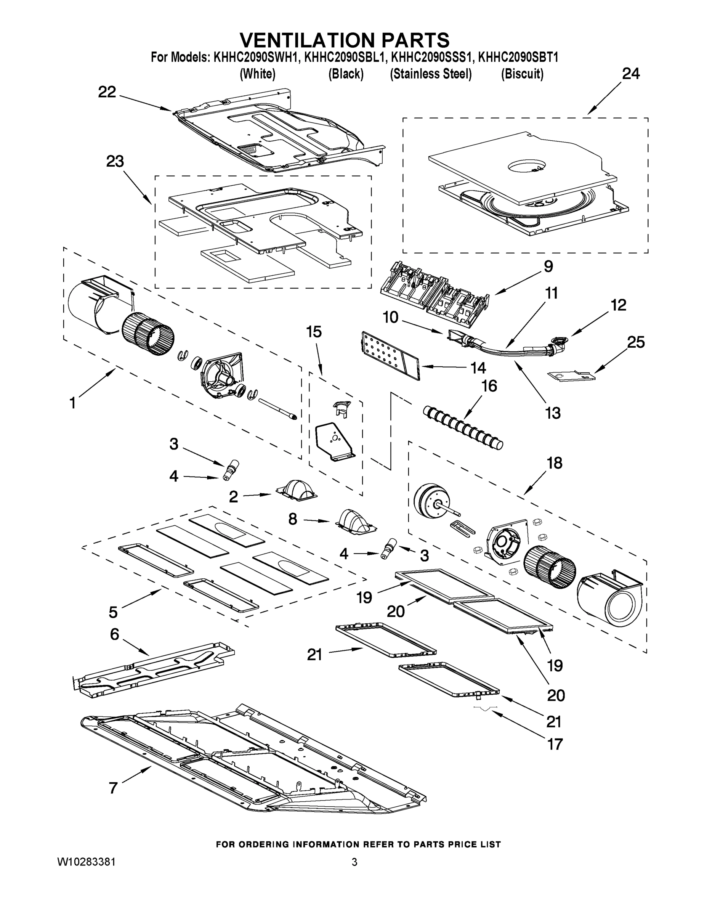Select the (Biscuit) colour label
(x=522, y=74)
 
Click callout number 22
(x=107, y=92)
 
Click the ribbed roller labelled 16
(x=462, y=428)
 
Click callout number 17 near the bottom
(x=555, y=745)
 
